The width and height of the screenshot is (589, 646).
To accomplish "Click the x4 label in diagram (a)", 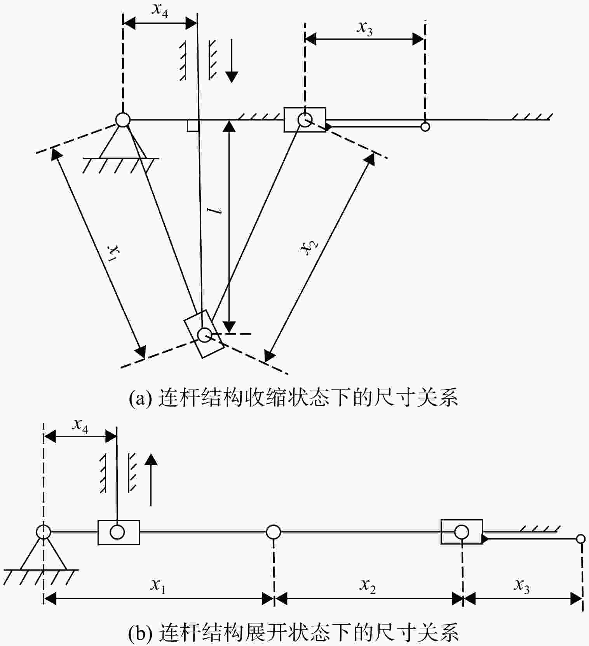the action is coord(160,10).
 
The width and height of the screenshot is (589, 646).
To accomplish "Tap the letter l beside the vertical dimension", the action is coord(214,211).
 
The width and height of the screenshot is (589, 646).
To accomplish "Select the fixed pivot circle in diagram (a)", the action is coord(123,120).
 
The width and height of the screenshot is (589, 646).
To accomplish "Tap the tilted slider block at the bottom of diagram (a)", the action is coord(204,333).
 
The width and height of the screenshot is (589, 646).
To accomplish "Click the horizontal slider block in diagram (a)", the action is coord(305,120).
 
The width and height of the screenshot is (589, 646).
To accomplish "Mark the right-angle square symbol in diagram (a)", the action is coord(193,125).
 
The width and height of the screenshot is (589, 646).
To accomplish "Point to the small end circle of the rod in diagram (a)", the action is coord(425,127).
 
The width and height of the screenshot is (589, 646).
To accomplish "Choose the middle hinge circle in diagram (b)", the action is coord(274,532).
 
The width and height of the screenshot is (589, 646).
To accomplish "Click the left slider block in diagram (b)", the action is coord(118,532).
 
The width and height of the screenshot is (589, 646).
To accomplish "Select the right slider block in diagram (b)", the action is coord(462,532).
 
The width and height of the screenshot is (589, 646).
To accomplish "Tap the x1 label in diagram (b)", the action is coord(158,585).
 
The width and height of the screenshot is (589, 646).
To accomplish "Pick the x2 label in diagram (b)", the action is coord(368,585).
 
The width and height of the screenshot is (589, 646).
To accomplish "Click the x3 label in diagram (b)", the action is coord(521,585).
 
